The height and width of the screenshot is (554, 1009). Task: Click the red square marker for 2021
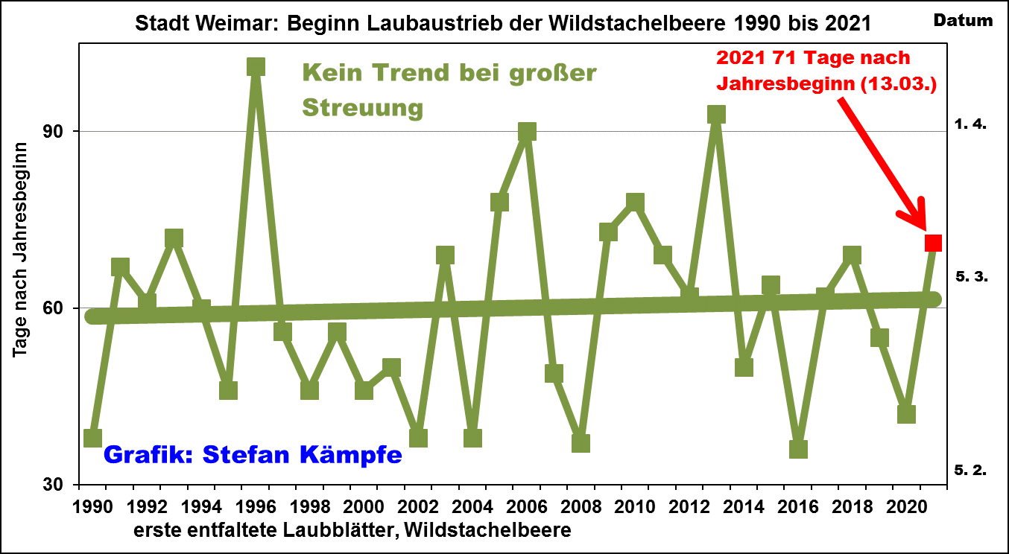[x=933, y=243]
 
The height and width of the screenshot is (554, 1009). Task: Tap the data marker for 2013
[x=716, y=114]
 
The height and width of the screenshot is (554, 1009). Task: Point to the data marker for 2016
[x=798, y=449]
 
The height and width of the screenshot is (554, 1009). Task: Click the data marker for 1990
[x=93, y=438]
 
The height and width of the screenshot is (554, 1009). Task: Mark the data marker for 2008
[x=581, y=443]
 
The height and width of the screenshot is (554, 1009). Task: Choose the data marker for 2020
[x=906, y=414]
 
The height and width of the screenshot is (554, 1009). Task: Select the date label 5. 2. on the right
[x=970, y=470]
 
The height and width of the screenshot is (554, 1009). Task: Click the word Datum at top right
[x=963, y=20]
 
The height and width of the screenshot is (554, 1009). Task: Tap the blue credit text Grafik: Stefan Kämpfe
[x=253, y=453]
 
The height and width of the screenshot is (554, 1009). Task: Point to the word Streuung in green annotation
[x=363, y=108]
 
